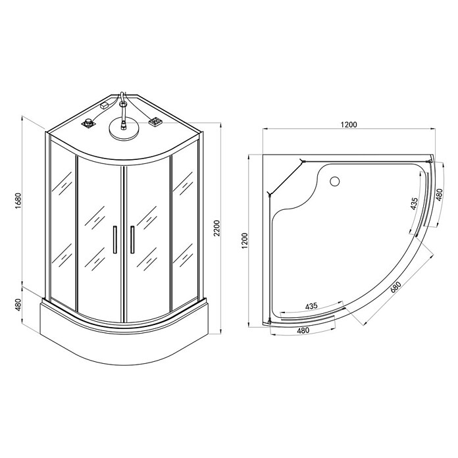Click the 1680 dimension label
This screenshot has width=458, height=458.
pos(18,201)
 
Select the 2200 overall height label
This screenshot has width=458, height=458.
pos(216,228)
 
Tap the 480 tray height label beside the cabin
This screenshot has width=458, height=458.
pos(18,305)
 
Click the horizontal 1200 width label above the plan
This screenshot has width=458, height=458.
pos(349,124)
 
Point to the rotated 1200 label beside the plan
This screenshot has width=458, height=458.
pos(245,241)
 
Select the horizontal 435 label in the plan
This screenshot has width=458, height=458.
pos(311,306)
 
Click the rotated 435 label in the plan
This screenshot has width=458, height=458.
pos(414,203)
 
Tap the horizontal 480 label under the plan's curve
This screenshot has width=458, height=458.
pos(303,330)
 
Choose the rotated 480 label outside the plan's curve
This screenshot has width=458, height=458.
pos(440,195)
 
